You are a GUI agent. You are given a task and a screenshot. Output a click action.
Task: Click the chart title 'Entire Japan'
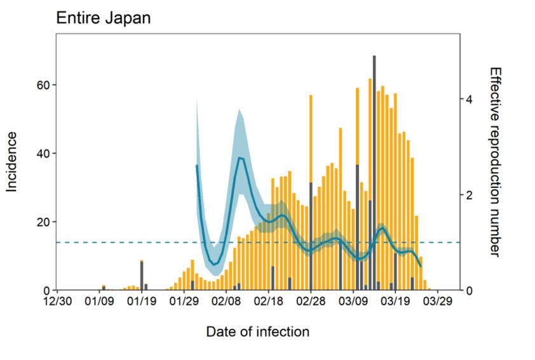[x=104, y=17]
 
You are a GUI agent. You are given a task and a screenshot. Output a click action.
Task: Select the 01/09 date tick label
[x=99, y=302]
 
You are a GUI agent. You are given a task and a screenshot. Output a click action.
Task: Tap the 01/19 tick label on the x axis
[x=141, y=302]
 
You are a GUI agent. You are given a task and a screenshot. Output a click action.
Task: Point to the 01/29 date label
[x=184, y=302]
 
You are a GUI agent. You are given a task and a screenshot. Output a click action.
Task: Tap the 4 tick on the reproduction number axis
[x=469, y=100]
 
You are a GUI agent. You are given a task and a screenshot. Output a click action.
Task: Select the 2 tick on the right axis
[x=469, y=195]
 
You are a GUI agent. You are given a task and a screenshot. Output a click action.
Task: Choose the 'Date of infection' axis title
[x=258, y=331]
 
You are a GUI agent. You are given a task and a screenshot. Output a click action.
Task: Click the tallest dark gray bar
[x=374, y=171]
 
